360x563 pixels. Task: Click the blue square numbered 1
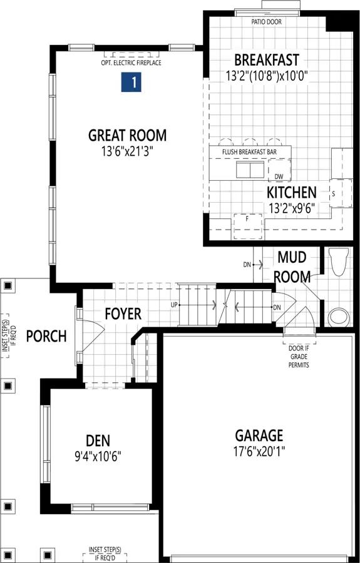click(x=131, y=82)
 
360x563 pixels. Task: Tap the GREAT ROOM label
click(x=128, y=136)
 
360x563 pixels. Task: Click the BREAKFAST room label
click(x=267, y=59)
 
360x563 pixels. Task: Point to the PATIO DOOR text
click(x=267, y=22)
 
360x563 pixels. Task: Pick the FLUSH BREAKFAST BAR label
click(x=249, y=152)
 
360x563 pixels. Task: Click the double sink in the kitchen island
click(x=250, y=169)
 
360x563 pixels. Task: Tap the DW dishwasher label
click(x=279, y=176)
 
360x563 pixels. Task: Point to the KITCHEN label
click(x=291, y=193)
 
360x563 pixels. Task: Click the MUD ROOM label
click(x=292, y=267)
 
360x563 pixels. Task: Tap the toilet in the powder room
click(x=338, y=261)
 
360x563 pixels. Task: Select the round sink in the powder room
click(x=339, y=317)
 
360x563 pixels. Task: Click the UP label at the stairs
click(x=174, y=305)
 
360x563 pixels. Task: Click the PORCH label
click(x=46, y=336)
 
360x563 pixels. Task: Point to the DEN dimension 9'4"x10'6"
click(x=98, y=456)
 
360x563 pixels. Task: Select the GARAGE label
click(x=259, y=435)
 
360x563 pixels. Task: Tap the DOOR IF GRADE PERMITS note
click(x=299, y=357)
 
